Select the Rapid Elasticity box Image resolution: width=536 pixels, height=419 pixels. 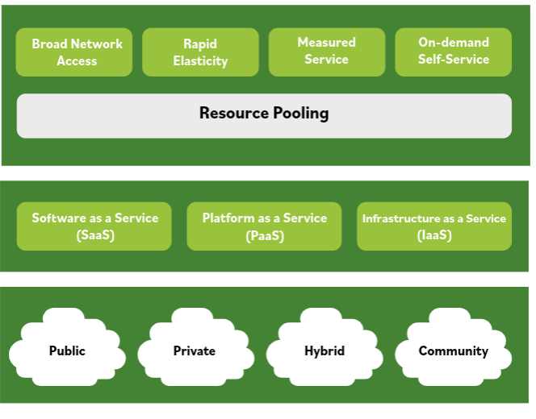pyautogui.click(x=200, y=52)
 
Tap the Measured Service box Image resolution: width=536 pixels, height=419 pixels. pyautogui.click(x=326, y=52)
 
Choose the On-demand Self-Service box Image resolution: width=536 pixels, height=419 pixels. pyautogui.click(x=453, y=52)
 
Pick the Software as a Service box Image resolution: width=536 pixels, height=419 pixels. pyautogui.click(x=94, y=226)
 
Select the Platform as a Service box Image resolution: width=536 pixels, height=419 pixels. pyautogui.click(x=264, y=226)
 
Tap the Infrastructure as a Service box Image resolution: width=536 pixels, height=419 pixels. pyautogui.click(x=433, y=226)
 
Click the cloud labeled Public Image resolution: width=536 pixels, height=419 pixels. pyautogui.click(x=67, y=351)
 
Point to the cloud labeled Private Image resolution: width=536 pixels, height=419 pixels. pyautogui.click(x=194, y=351)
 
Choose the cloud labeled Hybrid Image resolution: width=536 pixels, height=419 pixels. pyautogui.click(x=324, y=351)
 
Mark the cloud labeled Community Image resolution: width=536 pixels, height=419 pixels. pyautogui.click(x=453, y=351)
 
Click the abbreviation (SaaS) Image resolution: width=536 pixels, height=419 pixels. pyautogui.click(x=94, y=236)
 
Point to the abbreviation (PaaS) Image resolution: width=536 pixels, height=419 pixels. pyautogui.click(x=264, y=236)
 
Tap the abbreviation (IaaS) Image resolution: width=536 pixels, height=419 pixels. pyautogui.click(x=433, y=236)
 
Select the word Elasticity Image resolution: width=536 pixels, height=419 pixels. pyautogui.click(x=200, y=61)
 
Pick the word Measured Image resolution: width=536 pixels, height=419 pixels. pyautogui.click(x=326, y=43)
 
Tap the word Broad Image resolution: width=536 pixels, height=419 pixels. pyautogui.click(x=48, y=44)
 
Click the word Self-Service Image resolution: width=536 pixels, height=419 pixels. pyautogui.click(x=453, y=60)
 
